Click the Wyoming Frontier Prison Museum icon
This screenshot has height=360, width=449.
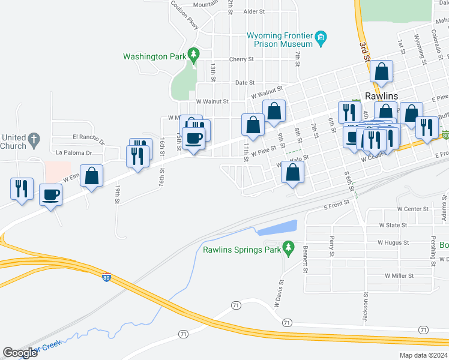click(321, 38)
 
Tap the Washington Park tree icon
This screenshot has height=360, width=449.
click(193, 55)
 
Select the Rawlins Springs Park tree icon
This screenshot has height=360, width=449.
click(288, 247)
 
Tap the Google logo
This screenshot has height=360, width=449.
click(20, 353)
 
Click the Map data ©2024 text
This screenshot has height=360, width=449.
click(423, 355)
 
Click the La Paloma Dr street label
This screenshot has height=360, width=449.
click(73, 152)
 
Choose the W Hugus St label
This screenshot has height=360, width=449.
click(393, 243)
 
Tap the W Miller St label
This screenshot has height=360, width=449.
click(400, 275)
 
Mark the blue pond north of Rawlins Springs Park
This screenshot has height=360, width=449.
click(277, 228)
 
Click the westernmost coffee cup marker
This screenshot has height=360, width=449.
click(50, 194)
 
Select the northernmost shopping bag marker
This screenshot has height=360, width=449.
click(381, 71)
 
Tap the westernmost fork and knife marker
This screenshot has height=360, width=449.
click(21, 188)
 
